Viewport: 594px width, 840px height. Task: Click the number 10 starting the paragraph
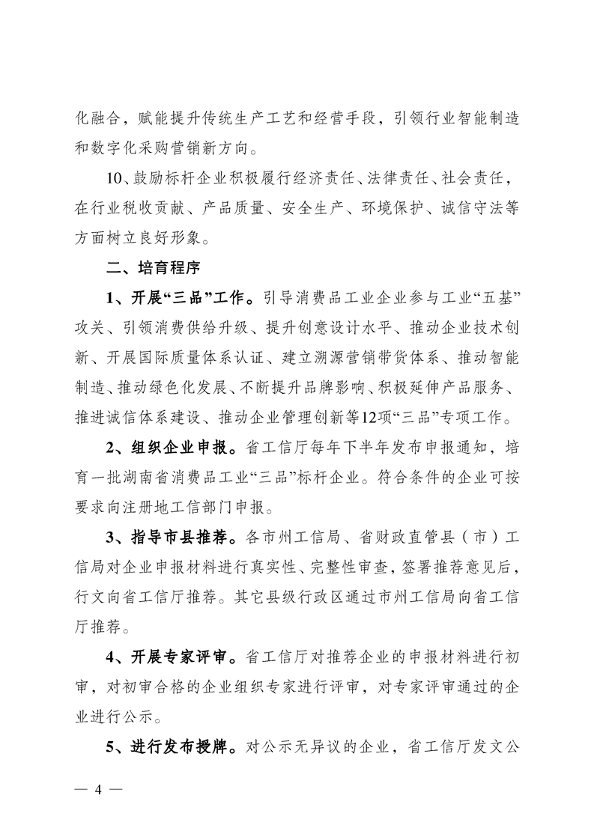(117, 177)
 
